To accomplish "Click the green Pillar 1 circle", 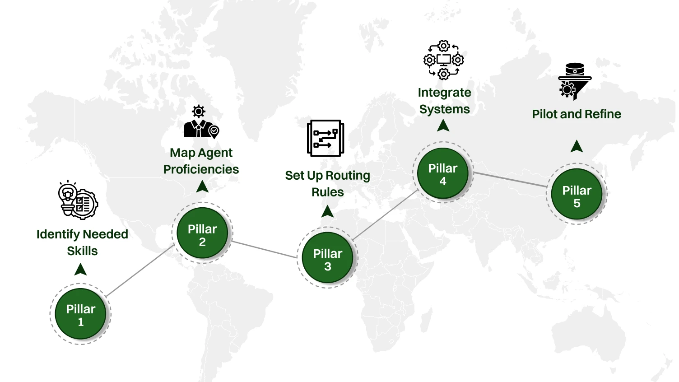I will pos(80,314).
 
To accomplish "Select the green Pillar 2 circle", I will pos(202,233).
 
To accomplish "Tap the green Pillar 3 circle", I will pos(327,258).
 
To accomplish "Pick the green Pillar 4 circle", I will pos(442,173).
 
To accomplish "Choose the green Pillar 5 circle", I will pos(577,194).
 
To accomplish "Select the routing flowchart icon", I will pos(326,138).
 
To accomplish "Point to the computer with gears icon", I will pos(443,60).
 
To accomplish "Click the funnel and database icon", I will pos(574,81).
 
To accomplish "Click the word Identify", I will pos(58,234).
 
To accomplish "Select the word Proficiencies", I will pos(201,169).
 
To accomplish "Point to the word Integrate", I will pos(444,93).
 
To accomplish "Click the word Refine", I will pos(603,114).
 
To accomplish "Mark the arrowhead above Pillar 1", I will pos(80,270).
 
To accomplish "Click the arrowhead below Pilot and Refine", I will pos(577,146).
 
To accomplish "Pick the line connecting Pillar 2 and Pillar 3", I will pos(264,249).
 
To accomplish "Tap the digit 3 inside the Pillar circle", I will pos(328,266).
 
